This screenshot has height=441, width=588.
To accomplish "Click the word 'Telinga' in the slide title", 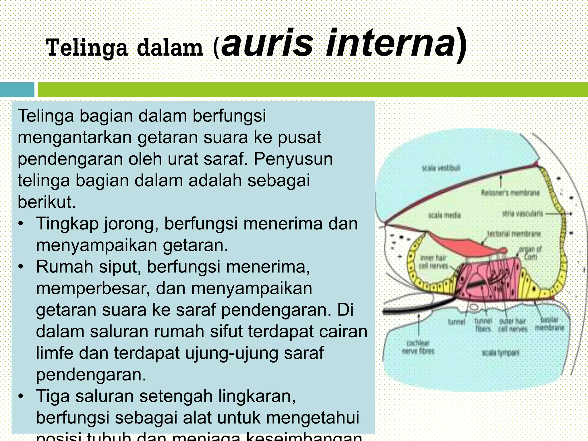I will (x=86, y=48).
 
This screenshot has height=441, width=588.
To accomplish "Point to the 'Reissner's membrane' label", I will (x=510, y=193).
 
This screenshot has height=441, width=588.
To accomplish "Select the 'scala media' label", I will (x=444, y=215).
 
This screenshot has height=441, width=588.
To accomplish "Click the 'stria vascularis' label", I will (x=522, y=214).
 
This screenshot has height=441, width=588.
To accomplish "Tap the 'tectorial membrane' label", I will (x=514, y=234).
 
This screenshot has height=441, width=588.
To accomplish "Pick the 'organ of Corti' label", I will (x=530, y=253).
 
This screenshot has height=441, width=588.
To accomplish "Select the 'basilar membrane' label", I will (x=550, y=324).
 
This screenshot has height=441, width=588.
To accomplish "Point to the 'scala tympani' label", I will (x=500, y=352).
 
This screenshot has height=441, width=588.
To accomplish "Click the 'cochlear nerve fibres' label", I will (x=418, y=347).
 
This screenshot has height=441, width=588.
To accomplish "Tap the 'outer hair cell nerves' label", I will (x=513, y=325).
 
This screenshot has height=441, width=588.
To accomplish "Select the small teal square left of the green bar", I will (x=17, y=90).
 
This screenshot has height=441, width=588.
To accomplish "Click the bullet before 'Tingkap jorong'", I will (x=20, y=224).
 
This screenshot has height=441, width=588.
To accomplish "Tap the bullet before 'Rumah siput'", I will (x=20, y=267).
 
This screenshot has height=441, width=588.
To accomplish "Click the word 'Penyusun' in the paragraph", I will (x=293, y=159).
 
